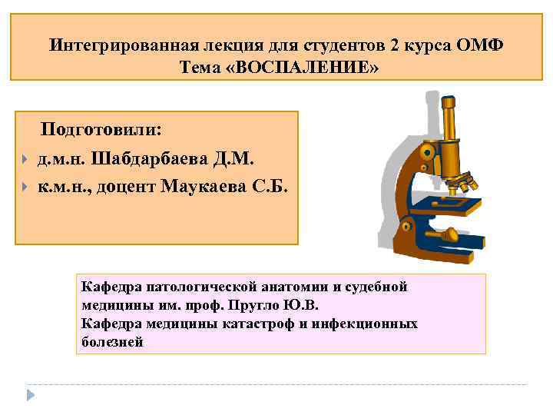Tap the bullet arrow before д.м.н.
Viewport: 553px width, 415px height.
point(25,159)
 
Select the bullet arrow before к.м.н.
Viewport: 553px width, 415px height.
point(25,186)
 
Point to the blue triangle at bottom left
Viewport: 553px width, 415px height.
point(31,394)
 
